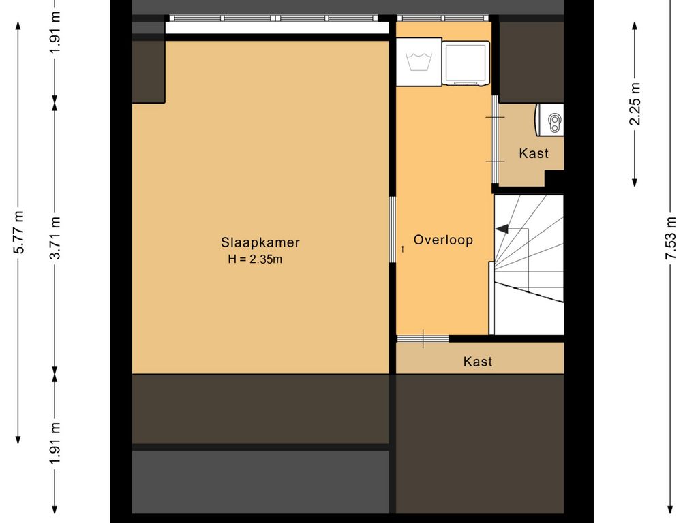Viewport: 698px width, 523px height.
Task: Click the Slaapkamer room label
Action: (x=260, y=242)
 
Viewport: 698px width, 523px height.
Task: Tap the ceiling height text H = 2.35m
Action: (x=255, y=259)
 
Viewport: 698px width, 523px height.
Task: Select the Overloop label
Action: (x=443, y=240)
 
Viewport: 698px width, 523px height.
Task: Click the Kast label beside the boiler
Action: (x=533, y=153)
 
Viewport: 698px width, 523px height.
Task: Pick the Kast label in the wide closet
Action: (x=478, y=361)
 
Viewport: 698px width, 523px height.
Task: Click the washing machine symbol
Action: (x=419, y=62)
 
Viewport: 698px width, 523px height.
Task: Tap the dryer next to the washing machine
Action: (x=466, y=63)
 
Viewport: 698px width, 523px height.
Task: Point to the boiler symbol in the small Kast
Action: (x=550, y=120)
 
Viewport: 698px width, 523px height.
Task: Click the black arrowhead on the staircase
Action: (x=502, y=229)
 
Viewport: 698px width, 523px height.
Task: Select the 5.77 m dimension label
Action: (x=18, y=232)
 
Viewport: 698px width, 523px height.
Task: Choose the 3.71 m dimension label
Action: (x=55, y=238)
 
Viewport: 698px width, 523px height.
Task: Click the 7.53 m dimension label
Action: (x=671, y=238)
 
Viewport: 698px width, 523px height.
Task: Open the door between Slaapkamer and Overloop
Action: (x=392, y=229)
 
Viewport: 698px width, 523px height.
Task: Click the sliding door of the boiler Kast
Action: (x=495, y=139)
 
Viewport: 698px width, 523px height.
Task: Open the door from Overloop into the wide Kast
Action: (x=423, y=339)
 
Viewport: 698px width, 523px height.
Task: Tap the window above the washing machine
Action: (x=442, y=18)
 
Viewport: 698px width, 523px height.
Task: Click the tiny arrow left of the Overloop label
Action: (x=403, y=249)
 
